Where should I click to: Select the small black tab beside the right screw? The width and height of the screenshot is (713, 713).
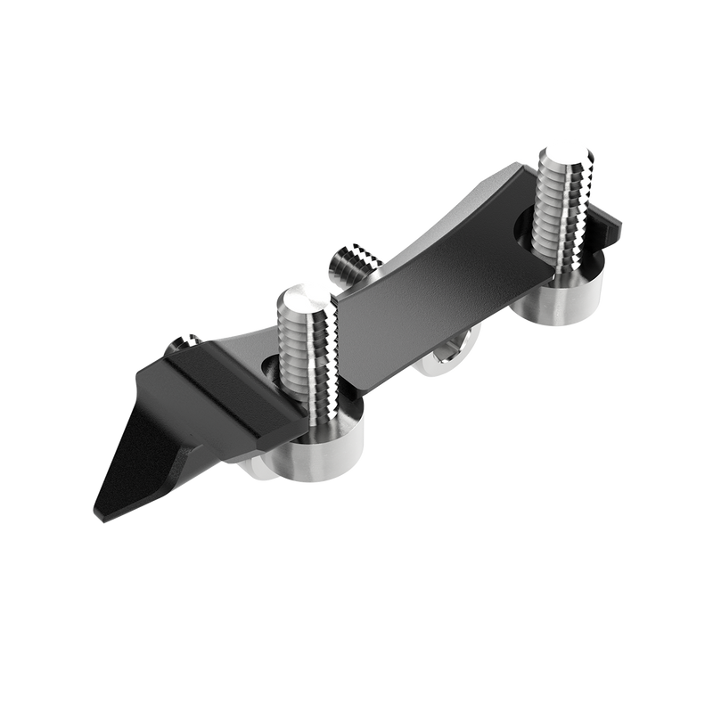(612, 228)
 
